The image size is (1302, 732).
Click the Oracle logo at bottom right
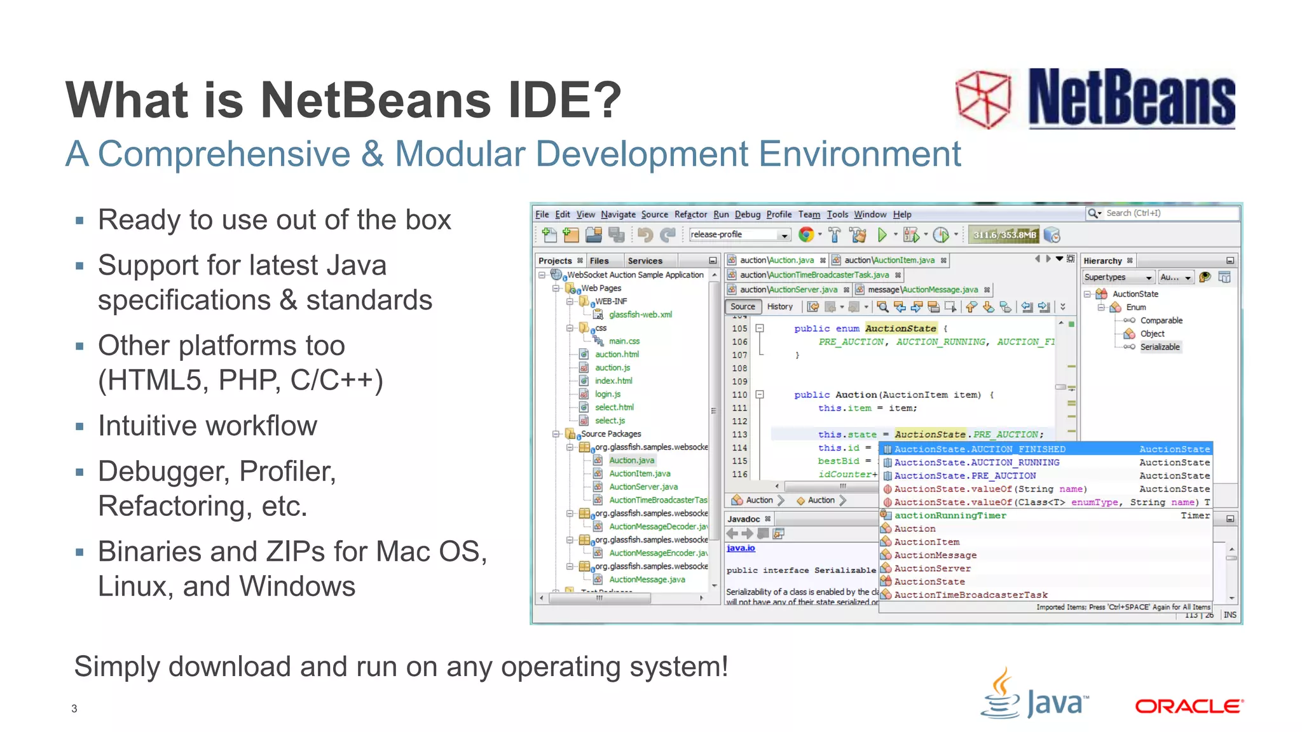[1188, 707]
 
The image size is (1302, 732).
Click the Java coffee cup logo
[1002, 694]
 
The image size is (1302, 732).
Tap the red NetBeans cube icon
[983, 99]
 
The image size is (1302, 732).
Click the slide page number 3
[74, 708]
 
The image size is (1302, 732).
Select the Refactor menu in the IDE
[690, 215]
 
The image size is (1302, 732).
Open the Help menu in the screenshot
[901, 215]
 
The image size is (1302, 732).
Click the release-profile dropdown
[739, 235]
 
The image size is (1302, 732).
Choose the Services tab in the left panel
[645, 261]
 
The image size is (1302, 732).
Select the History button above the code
[779, 307]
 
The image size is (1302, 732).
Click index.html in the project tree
[613, 381]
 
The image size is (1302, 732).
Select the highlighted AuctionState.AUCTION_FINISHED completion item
[979, 449]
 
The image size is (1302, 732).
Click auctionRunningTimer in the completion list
[950, 516]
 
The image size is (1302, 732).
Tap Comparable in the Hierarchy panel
[1161, 321]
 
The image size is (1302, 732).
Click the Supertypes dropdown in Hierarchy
[1118, 278]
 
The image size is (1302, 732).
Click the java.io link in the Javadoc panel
[741, 548]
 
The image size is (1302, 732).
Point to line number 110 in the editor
[739, 395]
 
